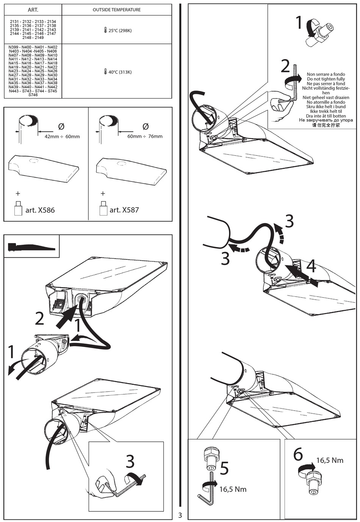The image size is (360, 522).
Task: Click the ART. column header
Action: click(33, 9)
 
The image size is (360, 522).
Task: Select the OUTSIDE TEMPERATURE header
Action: click(117, 9)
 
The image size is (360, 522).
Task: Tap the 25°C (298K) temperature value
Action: click(119, 31)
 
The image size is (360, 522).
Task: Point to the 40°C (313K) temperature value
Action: click(119, 72)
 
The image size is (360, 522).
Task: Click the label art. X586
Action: click(40, 210)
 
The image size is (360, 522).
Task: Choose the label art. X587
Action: click(124, 210)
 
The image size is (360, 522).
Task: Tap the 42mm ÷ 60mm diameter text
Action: click(62, 136)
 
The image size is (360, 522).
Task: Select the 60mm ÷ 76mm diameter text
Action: click(145, 136)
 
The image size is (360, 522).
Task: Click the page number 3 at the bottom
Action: click(180, 515)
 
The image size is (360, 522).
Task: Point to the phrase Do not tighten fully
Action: click(326, 79)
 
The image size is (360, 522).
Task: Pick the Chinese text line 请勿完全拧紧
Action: click(326, 125)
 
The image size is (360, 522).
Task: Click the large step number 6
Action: click(298, 455)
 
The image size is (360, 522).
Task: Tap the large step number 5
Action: click(224, 469)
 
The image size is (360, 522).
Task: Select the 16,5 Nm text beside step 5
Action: click(233, 489)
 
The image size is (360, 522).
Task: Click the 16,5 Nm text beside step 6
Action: click(330, 460)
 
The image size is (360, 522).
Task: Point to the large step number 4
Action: click(311, 266)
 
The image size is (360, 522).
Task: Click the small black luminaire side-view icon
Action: click(31, 247)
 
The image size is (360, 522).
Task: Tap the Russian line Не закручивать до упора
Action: click(326, 120)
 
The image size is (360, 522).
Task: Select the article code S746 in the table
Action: click(33, 95)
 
